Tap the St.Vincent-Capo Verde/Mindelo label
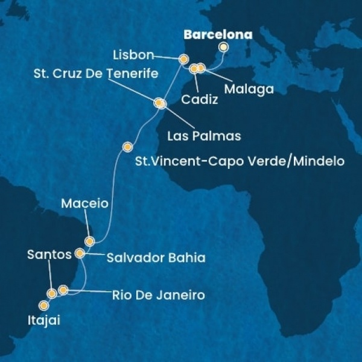241,162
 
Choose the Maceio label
84,203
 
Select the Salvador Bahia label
156,258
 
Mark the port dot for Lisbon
183,59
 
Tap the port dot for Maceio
90,241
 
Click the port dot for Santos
52,294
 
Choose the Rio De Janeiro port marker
63,291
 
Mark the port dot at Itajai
43,305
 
